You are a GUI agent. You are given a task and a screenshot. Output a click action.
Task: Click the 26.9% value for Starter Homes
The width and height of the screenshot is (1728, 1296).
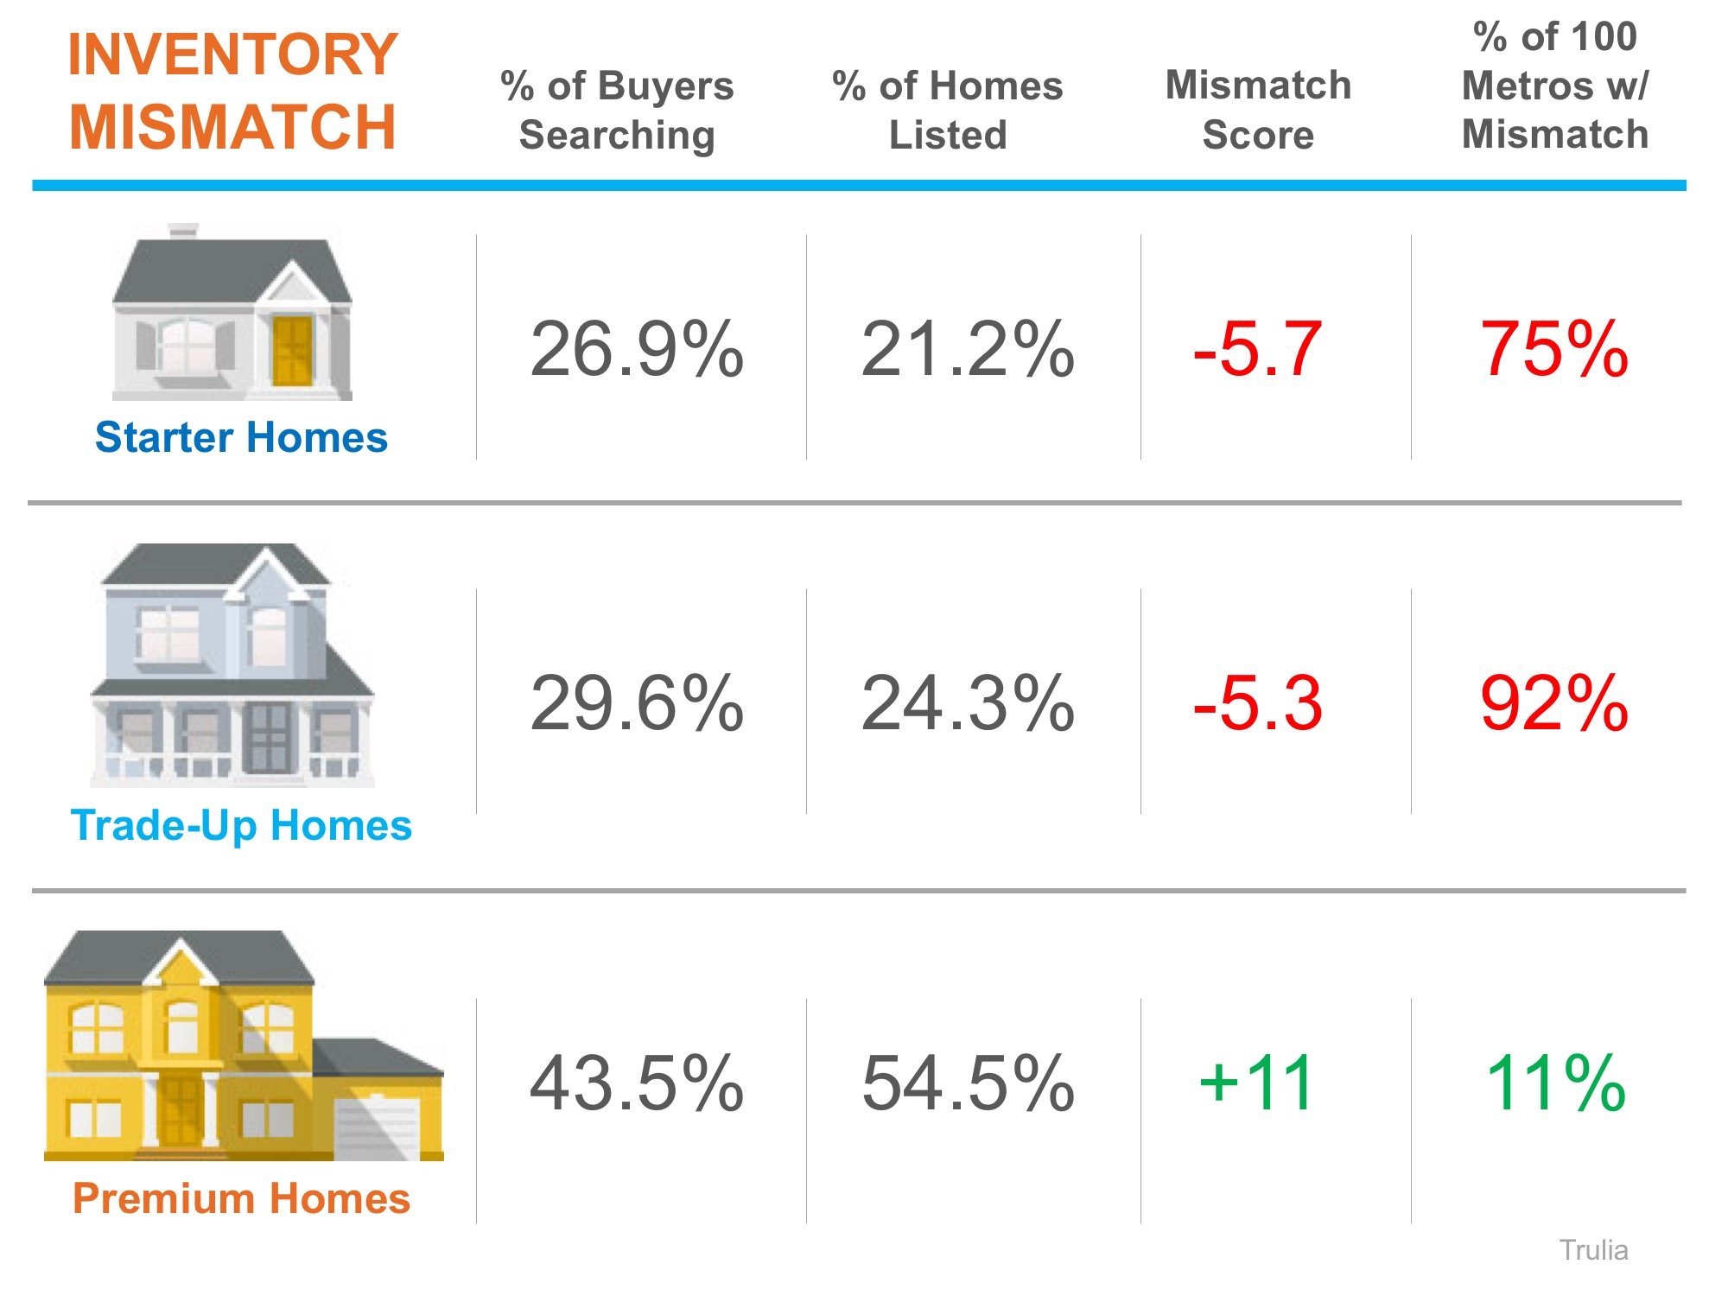636,349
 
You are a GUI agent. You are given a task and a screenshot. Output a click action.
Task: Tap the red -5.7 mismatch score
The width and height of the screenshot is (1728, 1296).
1257,349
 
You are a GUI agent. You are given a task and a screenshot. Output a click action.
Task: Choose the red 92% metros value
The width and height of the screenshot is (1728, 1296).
1553,703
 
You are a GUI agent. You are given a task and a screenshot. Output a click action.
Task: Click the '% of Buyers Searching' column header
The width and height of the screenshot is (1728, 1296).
617,110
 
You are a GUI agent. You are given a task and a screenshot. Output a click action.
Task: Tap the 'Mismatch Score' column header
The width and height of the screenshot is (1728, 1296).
1258,110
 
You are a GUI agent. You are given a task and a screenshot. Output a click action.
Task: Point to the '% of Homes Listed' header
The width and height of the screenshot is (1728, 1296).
948,110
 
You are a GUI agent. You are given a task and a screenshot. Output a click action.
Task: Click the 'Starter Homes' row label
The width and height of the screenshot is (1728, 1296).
241,437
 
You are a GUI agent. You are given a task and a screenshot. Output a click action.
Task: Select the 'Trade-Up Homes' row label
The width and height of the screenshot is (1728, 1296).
241,825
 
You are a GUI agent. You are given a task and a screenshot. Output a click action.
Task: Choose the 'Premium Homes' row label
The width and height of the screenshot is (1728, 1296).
241,1198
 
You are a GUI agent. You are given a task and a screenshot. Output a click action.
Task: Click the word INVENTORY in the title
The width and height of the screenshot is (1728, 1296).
232,54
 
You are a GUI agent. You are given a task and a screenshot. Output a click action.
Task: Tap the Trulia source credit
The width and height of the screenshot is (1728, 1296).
1593,1250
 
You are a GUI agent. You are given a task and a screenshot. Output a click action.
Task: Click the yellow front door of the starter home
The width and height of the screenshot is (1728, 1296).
292,351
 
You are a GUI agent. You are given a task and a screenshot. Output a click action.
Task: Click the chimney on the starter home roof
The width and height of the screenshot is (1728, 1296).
182,231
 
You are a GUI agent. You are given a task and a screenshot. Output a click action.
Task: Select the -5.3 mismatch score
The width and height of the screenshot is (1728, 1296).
1257,703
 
